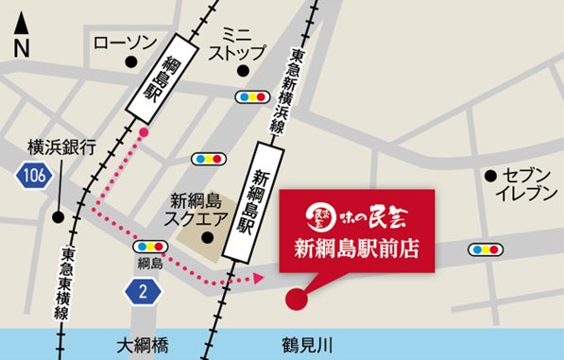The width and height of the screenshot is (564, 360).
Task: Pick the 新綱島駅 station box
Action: point(257,196)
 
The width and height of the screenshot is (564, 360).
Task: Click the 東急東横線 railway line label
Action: point(69,283)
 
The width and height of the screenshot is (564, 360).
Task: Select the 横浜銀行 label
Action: point(62,147)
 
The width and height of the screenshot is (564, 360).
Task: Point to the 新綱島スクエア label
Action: point(198,210)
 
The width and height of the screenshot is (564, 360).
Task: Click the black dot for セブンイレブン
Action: point(490,176)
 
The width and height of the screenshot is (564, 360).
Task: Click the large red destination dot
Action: point(298,300)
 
